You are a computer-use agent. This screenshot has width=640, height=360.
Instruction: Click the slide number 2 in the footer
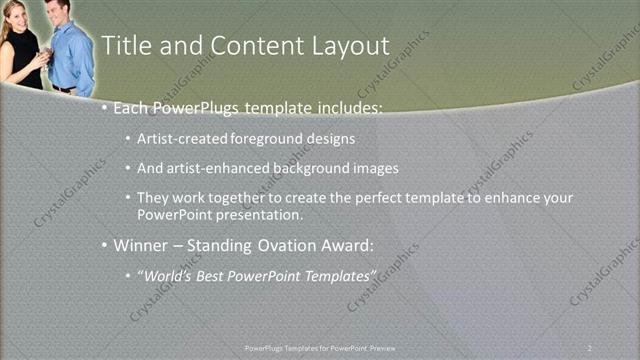tap(591, 347)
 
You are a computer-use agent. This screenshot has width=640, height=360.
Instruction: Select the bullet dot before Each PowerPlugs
tap(105, 108)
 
